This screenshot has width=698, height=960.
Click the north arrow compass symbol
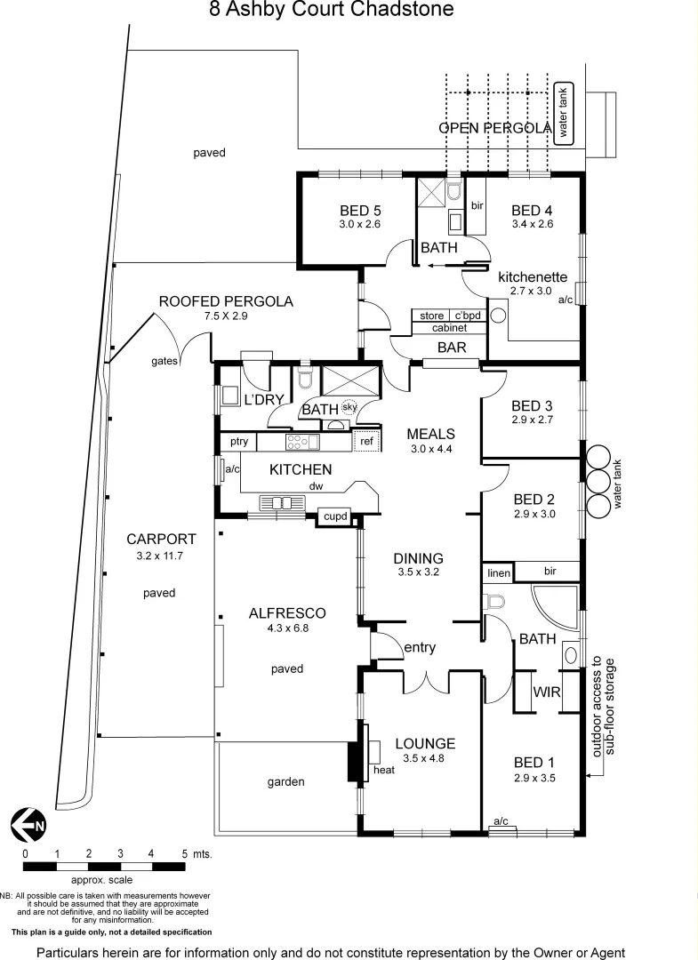point(28,825)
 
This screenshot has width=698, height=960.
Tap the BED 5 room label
point(360,211)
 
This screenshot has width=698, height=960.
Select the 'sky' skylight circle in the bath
point(349,406)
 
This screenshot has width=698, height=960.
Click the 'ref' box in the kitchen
point(365,441)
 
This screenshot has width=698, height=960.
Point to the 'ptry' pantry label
point(238,442)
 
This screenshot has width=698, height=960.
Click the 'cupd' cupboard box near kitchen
point(335,516)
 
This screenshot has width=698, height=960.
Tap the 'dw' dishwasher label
point(316,486)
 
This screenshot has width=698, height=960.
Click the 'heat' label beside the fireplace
point(384,770)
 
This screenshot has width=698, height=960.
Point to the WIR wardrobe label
point(546,691)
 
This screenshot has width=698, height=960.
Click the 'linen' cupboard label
point(499,573)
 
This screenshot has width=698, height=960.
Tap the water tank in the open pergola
point(563,114)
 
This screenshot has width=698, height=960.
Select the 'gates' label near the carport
point(165,361)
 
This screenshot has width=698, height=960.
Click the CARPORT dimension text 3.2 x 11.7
point(161,556)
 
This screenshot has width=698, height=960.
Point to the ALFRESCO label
point(287,613)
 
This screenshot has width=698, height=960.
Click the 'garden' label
point(286,782)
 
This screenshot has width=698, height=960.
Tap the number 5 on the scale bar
point(185,853)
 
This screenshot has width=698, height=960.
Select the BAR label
point(453,348)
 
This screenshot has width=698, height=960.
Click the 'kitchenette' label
point(532,276)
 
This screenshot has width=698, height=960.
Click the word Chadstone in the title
point(406,10)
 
